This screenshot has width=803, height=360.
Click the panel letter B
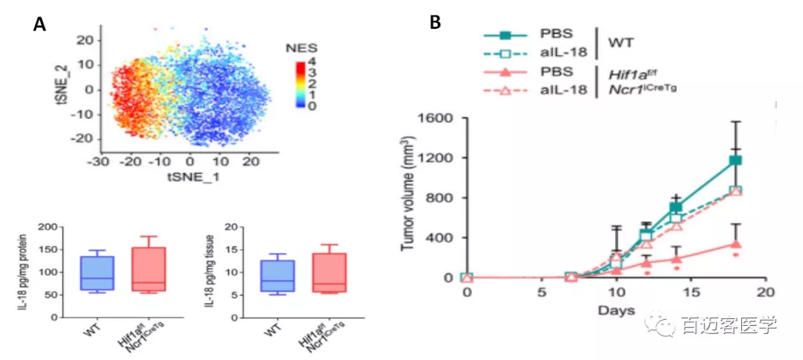pyautogui.click(x=435, y=22)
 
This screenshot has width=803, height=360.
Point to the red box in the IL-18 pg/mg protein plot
pyautogui.click(x=147, y=268)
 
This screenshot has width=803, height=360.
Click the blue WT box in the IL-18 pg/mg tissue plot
pyautogui.click(x=277, y=275)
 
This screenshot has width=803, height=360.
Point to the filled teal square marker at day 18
pyautogui.click(x=735, y=160)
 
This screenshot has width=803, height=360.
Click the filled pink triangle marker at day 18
pyautogui.click(x=735, y=243)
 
